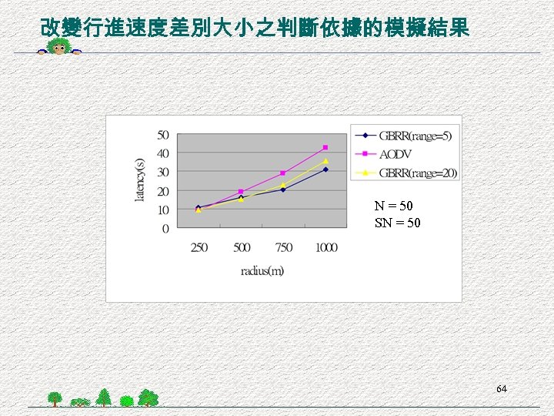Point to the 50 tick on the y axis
[163, 135]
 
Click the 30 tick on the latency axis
[163, 172]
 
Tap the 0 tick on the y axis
[165, 229]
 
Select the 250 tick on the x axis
[199, 247]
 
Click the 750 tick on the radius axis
[283, 247]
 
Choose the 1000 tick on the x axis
[325, 247]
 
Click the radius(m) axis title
[262, 270]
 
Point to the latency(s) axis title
[140, 179]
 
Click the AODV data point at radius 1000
[325, 147]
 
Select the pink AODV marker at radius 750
[283, 173]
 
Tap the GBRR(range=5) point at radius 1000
[325, 169]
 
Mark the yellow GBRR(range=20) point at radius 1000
[325, 161]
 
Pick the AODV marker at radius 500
[241, 192]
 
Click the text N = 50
[393, 206]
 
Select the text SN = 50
[398, 223]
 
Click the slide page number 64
[501, 389]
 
